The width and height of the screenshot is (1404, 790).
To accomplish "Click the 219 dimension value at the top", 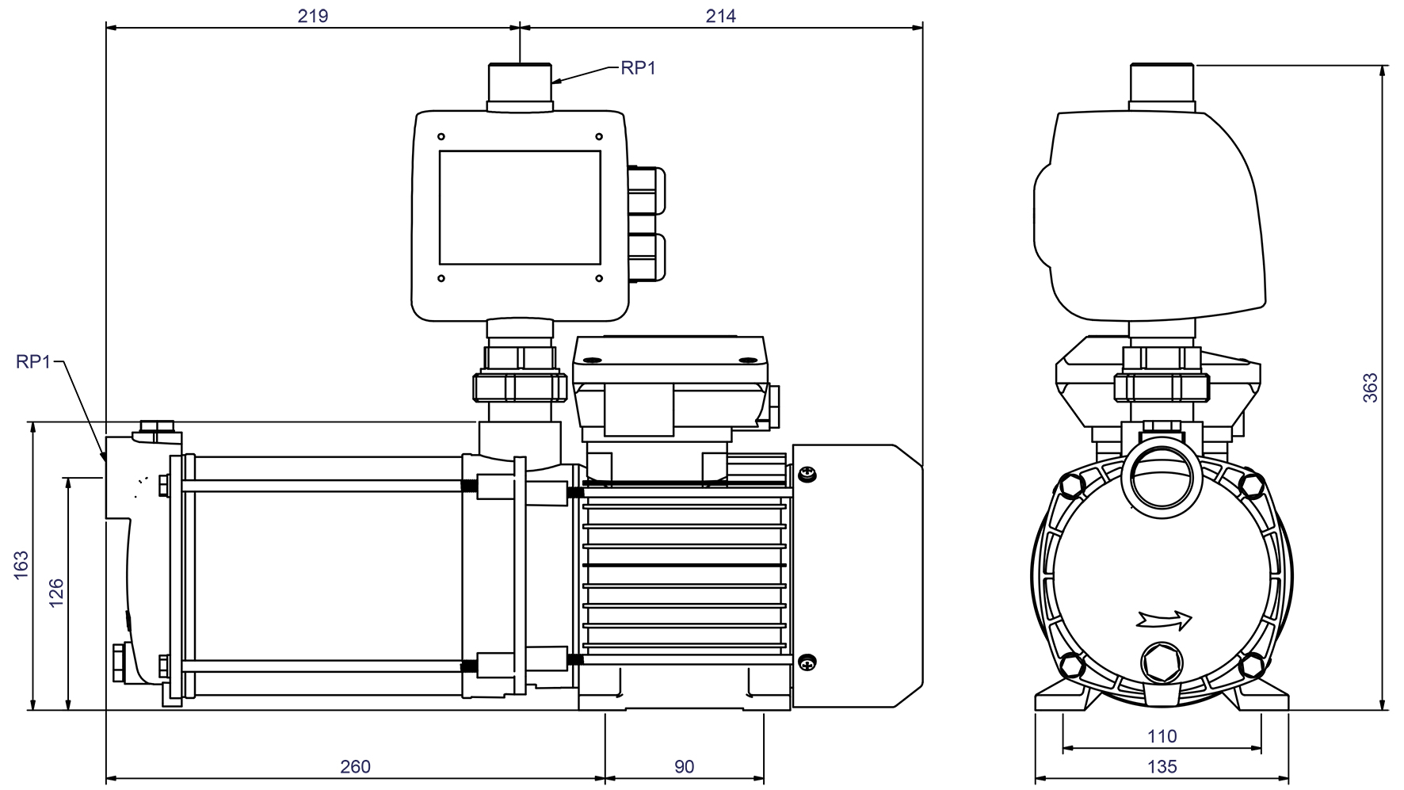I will [x=313, y=16].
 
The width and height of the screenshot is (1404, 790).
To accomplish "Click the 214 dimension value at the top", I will [x=720, y=16].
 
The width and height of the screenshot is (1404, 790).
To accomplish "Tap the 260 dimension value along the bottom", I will [x=355, y=766].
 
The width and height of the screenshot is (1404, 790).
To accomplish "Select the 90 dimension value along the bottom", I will [x=684, y=766].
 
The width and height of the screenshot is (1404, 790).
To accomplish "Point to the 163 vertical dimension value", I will [x=21, y=565].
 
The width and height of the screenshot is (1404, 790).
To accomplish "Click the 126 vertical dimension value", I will [x=56, y=593].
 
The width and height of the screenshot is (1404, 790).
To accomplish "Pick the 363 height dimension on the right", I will [x=1370, y=387].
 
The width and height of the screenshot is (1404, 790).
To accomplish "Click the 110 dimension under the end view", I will [x=1162, y=736].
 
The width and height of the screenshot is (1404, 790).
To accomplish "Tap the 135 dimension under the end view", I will [x=1162, y=766].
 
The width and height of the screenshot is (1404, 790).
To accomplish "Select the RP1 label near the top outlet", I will [x=638, y=68].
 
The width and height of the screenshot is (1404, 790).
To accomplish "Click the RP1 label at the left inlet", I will [x=32, y=361].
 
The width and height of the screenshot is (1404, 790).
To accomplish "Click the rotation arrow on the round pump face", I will [x=1164, y=619].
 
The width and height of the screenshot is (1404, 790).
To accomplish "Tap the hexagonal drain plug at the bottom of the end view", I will [x=1161, y=661].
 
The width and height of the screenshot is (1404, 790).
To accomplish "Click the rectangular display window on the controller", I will [x=520, y=208].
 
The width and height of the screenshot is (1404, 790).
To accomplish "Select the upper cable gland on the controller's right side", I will [x=647, y=190].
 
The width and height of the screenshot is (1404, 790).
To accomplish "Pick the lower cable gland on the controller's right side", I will [x=647, y=257].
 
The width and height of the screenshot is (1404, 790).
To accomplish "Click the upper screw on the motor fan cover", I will [x=807, y=475].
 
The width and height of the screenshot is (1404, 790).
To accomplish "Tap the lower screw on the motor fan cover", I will [x=807, y=662].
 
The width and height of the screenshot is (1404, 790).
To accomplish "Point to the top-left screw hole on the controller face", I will [x=441, y=137].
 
